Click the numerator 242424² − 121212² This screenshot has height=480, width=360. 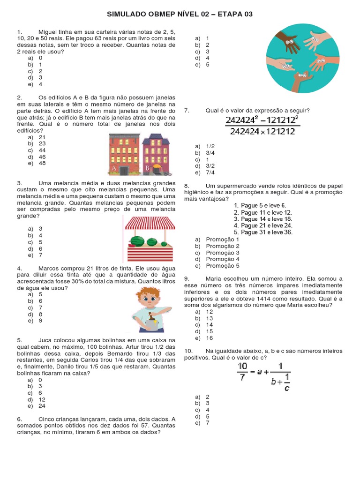point(262,120)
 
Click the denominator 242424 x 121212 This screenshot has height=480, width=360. point(262,132)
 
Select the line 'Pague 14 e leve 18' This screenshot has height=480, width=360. point(263,219)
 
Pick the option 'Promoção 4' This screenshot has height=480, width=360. point(223,259)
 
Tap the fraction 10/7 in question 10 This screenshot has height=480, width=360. point(242,372)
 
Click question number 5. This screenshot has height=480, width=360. point(19,340)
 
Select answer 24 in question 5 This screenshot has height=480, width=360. point(42,406)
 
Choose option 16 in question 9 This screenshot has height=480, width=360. point(210,338)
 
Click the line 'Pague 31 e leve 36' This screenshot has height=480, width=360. point(263,232)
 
